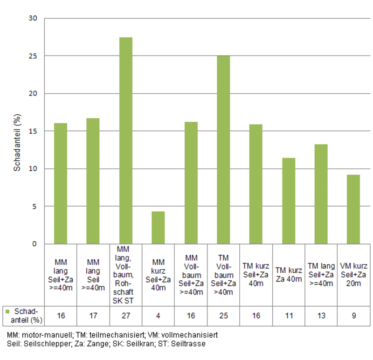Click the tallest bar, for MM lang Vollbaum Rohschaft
[125, 140]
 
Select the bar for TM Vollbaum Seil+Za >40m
[223, 150]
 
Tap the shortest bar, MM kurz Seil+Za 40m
[158, 228]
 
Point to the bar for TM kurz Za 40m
[289, 201]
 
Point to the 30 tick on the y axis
[32, 18]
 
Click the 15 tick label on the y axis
[32, 131]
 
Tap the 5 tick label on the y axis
[34, 206]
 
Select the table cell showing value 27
[125, 316]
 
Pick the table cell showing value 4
[158, 316]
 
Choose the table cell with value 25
[223, 316]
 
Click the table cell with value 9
[353, 316]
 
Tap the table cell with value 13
[321, 316]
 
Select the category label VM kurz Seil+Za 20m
[353, 275]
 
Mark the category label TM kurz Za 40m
[289, 275]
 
